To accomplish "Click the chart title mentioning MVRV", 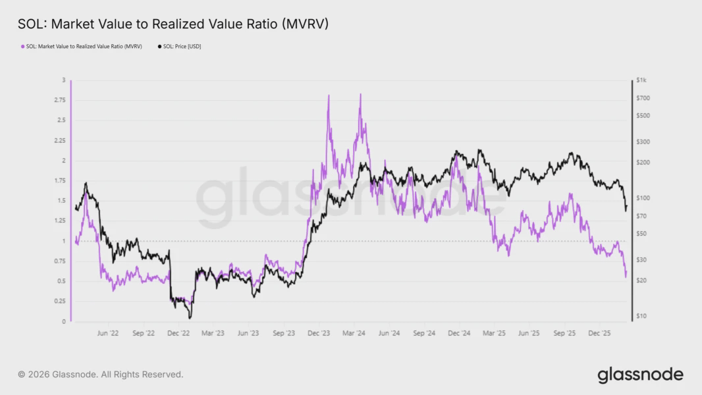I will pos(173,24).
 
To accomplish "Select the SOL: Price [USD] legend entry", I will pos(179,46).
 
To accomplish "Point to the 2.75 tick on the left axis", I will pos(60,100).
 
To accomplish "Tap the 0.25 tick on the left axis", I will pos(60,301).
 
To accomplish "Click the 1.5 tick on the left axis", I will pos(62,201).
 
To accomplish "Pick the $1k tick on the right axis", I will pos(641,80).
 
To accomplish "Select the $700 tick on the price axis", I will pos(643,98).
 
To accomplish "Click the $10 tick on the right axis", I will pos(643,316).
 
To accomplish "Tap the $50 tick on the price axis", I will pos(643,233).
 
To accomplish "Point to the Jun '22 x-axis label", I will pos(107,334).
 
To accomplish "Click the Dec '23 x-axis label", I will pos(319,334).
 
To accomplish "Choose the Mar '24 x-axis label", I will pos(354,334).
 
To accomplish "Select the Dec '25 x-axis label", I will pos(601,334).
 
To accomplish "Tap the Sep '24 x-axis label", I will pos(425,334).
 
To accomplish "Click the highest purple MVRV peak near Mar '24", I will pos(360,94).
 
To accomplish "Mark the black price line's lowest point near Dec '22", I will pos(190,319).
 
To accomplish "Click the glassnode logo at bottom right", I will pos(640,375).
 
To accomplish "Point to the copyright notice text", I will pos(101,375).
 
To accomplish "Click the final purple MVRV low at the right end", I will pos(625,277).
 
